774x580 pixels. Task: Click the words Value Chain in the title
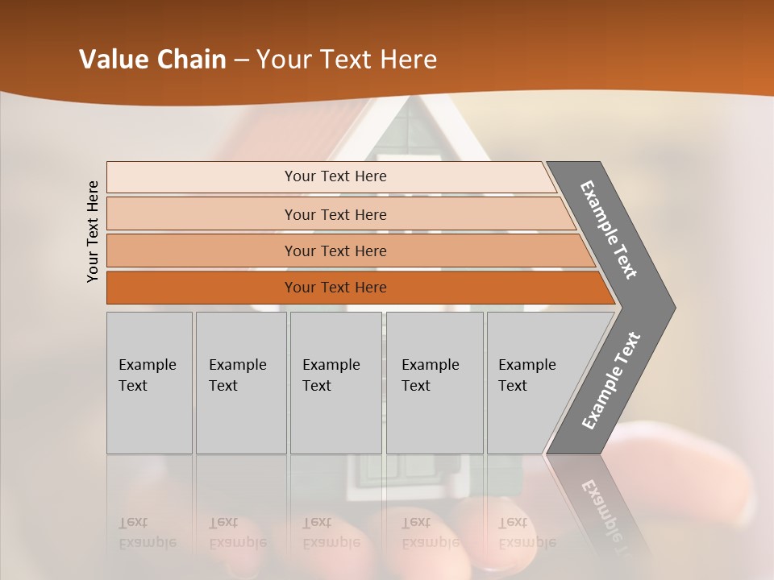[152, 60]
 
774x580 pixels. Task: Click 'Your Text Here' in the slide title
[347, 60]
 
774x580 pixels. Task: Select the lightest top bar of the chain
[335, 176]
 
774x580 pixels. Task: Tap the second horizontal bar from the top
[335, 214]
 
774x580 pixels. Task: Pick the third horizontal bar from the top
[335, 251]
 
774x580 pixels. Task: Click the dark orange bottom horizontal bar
[335, 288]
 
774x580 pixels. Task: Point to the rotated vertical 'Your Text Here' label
[93, 231]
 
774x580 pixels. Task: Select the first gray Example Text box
[149, 383]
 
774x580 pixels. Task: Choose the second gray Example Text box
[240, 383]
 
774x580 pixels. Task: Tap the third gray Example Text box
[335, 383]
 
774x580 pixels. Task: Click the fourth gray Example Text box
[434, 383]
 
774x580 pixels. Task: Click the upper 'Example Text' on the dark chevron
[609, 230]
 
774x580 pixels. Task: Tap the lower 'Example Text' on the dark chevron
[610, 381]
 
